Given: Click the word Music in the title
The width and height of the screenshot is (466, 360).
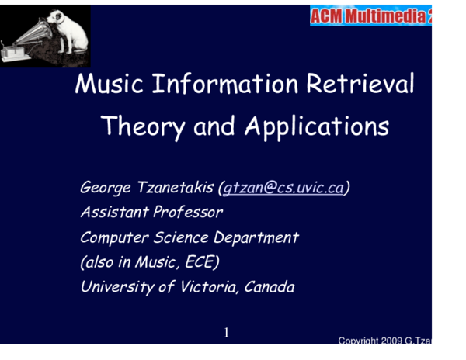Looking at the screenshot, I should tap(105, 84).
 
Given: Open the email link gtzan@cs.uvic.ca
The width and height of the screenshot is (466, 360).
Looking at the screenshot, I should tap(283, 188).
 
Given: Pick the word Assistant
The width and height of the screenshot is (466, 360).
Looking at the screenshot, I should tap(113, 212).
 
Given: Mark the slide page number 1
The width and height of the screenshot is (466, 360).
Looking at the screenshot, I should tap(227, 333).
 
